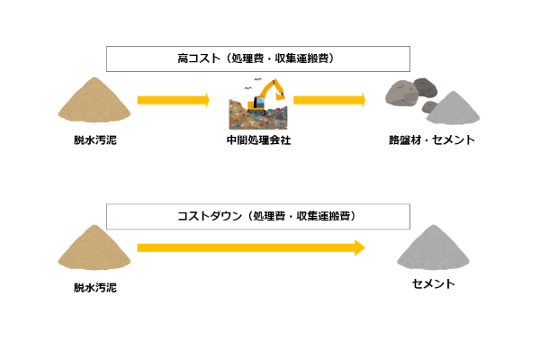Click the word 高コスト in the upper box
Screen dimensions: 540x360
pos(199,58)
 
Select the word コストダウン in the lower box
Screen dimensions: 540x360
pos(210,216)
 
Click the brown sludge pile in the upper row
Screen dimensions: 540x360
pos(94,100)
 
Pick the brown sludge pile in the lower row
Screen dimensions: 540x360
pos(94,247)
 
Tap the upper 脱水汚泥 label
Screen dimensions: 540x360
pos(95,140)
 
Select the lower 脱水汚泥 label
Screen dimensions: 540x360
pos(95,288)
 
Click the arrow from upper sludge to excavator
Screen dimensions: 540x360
pos(173,100)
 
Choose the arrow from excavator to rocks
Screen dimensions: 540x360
pos(329,100)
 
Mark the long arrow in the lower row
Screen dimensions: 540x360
pos(251,247)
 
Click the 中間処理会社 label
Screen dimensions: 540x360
pos(258,140)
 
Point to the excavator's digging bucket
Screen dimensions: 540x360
pos(280,96)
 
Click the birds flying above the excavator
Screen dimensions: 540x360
pos(253,84)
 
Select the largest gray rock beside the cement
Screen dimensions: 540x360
pos(401,94)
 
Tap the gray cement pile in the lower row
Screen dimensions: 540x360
pos(433,247)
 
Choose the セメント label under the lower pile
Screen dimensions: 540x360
pos(434,283)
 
